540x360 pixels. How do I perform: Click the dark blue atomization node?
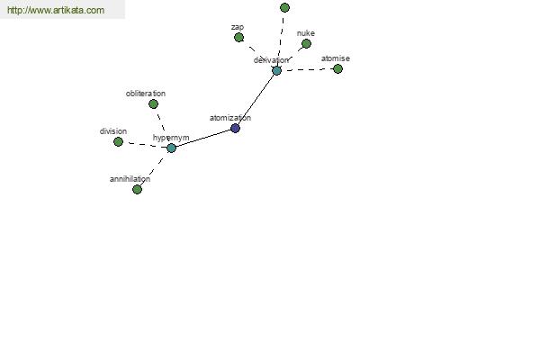[x=235, y=128]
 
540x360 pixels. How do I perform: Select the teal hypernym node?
[x=171, y=148]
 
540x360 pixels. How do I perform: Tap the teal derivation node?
[x=276, y=70]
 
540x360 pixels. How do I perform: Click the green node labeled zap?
[x=238, y=37]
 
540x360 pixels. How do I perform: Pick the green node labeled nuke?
[x=306, y=43]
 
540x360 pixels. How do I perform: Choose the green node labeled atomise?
[x=337, y=68]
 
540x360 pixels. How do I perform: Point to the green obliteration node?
[x=153, y=103]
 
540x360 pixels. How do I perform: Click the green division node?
[x=118, y=141]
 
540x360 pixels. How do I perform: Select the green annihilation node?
[x=137, y=189]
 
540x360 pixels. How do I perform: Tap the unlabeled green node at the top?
[x=284, y=7]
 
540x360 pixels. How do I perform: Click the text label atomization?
[x=230, y=118]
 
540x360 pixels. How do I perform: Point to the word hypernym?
[x=171, y=138]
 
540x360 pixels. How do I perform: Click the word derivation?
[x=271, y=60]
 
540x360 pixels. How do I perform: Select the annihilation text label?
[x=130, y=179]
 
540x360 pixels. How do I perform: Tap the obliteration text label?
[x=146, y=94]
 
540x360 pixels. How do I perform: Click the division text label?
[x=113, y=131]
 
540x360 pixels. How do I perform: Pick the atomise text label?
[x=336, y=58]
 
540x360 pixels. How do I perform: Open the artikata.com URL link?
[x=56, y=10]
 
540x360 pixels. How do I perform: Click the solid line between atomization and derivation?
[x=256, y=100]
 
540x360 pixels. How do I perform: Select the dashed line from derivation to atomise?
[x=307, y=69]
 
